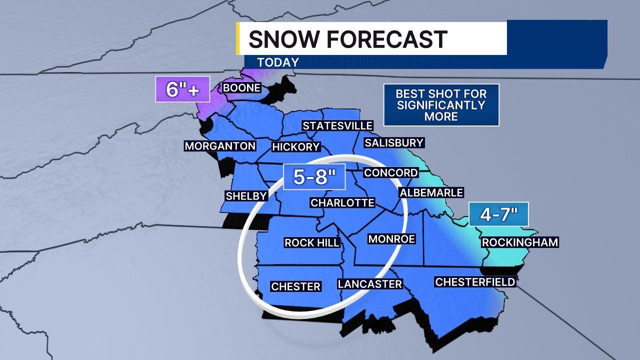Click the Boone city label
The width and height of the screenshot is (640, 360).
coord(242,88)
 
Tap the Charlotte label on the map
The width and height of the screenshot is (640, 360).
coord(342,202)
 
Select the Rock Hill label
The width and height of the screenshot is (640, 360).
coord(312,243)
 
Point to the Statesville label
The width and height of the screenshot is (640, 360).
coord(337,126)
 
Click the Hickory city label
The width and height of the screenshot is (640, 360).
coord(295,147)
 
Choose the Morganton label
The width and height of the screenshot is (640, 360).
coord(220,146)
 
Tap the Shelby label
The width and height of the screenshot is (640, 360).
coord(246,196)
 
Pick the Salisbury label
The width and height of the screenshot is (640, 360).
coord(394,143)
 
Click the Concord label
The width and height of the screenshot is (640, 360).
coord(390,173)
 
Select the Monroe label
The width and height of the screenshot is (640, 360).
coord(391,239)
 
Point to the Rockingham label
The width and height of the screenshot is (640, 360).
coord(519,242)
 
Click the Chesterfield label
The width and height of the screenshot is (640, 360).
coord(475,282)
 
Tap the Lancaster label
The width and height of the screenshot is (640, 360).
coord(370,284)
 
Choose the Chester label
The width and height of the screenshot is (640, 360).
coord(295,286)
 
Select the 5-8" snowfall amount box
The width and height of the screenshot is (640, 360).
coord(314,176)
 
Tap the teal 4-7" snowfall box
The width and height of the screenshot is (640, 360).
coord(498,215)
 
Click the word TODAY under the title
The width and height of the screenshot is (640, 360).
coord(278,62)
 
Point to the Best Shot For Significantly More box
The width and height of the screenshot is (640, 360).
coord(441,105)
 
